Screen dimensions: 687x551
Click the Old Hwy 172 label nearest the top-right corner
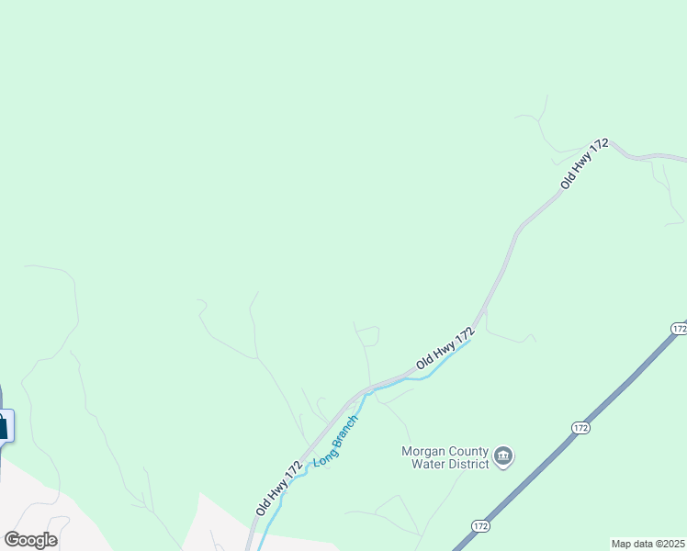coord(585,164)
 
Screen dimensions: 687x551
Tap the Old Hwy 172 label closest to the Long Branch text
coord(279,488)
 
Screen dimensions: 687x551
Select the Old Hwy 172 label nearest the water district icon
coord(445,349)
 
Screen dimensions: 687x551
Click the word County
coord(467,451)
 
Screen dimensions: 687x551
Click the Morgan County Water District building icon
coord(503,456)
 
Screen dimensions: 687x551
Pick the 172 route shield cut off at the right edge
coord(679,329)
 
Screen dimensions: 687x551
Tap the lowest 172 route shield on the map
coord(480,525)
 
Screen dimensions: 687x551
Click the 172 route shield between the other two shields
coord(581,427)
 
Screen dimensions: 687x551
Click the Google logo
coord(30,539)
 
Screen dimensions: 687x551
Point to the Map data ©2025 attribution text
coord(648,544)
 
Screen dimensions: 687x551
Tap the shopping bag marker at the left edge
coord(3,426)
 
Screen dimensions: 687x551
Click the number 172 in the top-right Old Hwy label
coord(599,148)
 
